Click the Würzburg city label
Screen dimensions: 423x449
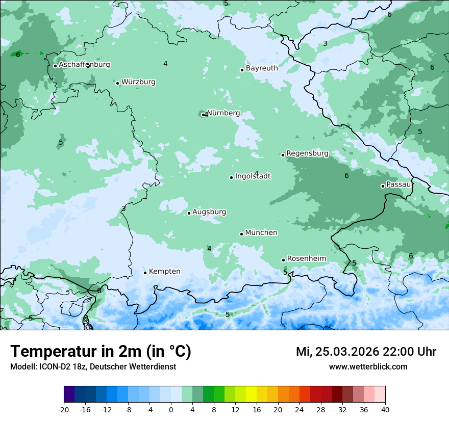(x=138, y=82)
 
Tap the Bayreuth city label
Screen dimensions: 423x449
(x=262, y=68)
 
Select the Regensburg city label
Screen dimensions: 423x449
(x=307, y=153)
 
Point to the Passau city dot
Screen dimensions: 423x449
(x=383, y=186)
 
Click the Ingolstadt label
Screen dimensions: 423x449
(x=253, y=176)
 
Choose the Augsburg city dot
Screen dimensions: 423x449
(x=189, y=213)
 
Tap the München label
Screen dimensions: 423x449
(x=261, y=233)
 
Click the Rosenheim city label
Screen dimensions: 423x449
(x=306, y=259)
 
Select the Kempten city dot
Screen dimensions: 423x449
(x=145, y=273)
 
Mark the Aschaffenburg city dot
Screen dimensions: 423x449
(x=55, y=66)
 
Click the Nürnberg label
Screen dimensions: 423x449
(x=223, y=113)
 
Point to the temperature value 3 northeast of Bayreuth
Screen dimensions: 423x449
(x=325, y=44)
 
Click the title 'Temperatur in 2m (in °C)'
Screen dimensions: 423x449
(x=101, y=352)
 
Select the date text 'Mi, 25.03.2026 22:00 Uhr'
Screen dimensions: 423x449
(x=366, y=352)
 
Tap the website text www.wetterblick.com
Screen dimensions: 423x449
(x=368, y=367)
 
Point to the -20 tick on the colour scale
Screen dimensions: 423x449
(x=64, y=409)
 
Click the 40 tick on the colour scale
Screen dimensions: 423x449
(x=385, y=409)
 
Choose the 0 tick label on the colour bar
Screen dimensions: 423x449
(x=171, y=409)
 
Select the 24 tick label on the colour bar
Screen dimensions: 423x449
(x=299, y=409)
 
